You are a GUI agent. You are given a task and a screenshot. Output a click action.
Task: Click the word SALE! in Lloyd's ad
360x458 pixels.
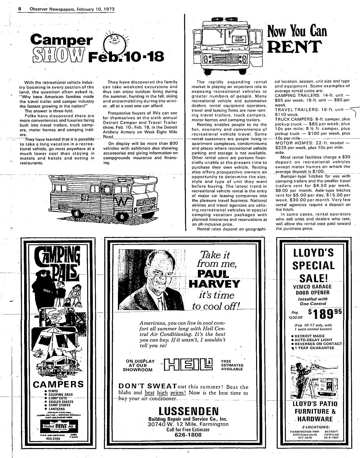click(313, 279)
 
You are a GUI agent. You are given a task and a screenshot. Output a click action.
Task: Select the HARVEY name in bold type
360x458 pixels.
click(214, 283)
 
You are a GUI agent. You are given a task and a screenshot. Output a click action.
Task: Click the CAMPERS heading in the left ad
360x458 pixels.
click(58, 384)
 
